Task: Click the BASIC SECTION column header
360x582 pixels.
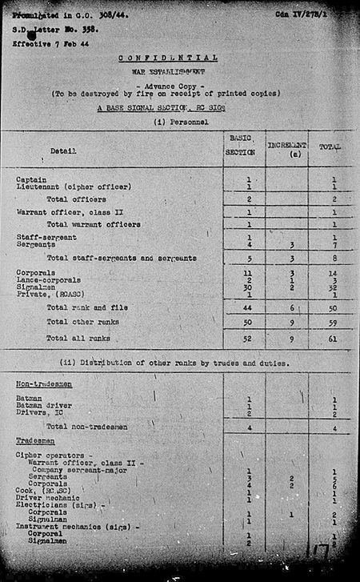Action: point(241,146)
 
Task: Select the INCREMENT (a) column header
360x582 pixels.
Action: point(286,148)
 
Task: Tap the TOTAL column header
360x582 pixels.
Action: point(330,147)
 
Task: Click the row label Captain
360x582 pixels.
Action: point(30,179)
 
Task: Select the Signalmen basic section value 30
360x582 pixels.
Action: point(249,287)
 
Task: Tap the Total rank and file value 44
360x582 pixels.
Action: point(249,307)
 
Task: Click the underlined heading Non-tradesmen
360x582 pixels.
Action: point(41,384)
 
